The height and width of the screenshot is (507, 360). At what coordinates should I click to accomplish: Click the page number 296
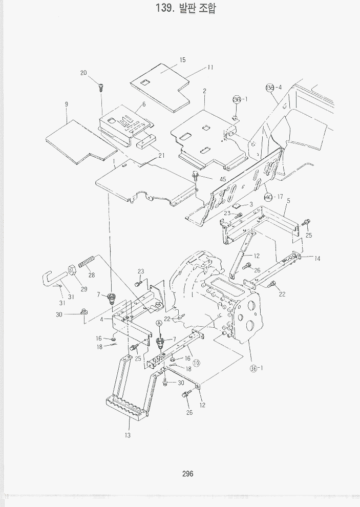[x=187, y=474]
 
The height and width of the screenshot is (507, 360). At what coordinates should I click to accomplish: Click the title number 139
[x=165, y=8]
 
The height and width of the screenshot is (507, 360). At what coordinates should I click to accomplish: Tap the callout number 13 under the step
[x=127, y=435]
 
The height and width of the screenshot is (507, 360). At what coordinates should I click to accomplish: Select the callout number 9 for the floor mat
[x=67, y=104]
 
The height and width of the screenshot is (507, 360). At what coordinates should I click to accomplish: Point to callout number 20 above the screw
[x=83, y=73]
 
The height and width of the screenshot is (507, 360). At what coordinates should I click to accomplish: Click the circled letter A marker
[x=159, y=323]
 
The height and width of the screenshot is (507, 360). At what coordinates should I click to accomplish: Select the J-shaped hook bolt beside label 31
[x=49, y=280]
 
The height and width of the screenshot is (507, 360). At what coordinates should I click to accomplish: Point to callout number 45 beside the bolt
[x=222, y=179]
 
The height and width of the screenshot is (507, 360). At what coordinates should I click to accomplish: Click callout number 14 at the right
[x=317, y=259]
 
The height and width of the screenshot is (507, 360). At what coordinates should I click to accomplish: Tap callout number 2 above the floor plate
[x=204, y=91]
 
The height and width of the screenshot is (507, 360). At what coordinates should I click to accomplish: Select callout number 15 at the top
[x=182, y=60]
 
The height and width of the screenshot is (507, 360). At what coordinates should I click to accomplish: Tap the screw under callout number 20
[x=101, y=87]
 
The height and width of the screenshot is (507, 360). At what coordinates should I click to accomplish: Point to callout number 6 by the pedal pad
[x=144, y=104]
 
